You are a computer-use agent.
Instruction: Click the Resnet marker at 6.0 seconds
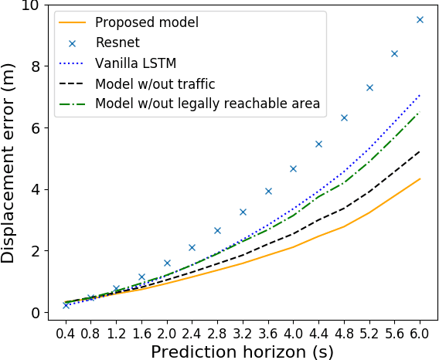pyautogui.click(x=420, y=19)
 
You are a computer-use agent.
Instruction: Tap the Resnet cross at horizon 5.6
pyautogui.click(x=394, y=53)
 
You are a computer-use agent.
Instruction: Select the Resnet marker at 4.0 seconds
pyautogui.click(x=293, y=168)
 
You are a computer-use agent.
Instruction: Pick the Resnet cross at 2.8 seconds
pyautogui.click(x=217, y=230)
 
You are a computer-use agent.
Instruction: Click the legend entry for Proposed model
pyautogui.click(x=147, y=22)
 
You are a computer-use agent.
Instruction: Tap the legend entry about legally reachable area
pyautogui.click(x=207, y=103)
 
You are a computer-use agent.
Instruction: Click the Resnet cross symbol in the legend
pyautogui.click(x=74, y=42)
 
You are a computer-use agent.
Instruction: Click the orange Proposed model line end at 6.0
pyautogui.click(x=420, y=179)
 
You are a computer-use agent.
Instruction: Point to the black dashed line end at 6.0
pyautogui.click(x=420, y=151)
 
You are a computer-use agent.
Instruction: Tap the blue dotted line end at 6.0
pyautogui.click(x=420, y=95)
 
